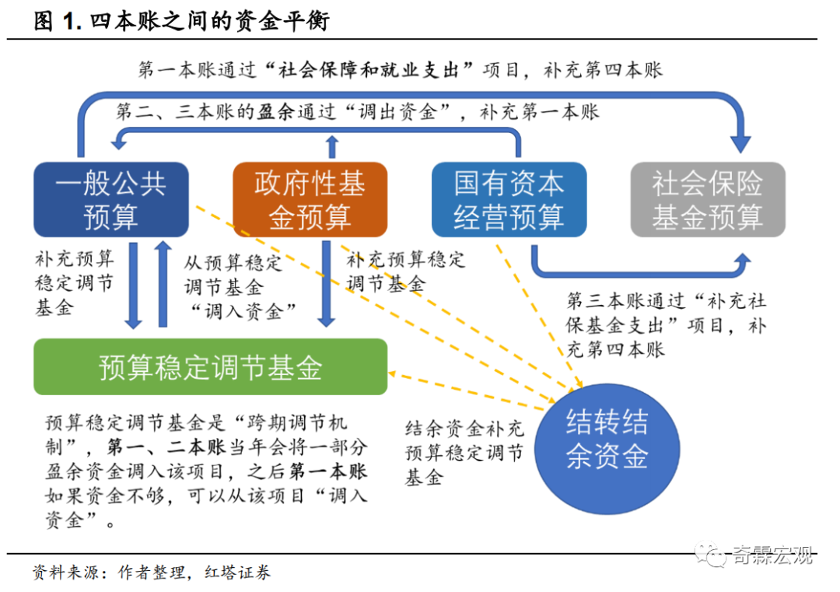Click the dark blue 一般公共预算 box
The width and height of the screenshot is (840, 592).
pos(111,200)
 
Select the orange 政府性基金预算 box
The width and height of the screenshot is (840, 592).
pos(310,200)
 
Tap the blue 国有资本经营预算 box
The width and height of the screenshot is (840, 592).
pos(509,200)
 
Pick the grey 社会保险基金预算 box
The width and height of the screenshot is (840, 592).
pos(708,200)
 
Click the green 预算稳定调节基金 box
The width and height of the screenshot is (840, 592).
pos(211,367)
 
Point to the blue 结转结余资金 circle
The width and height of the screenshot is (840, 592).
pos(607,449)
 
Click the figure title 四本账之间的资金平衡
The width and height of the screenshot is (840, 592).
pos(209,22)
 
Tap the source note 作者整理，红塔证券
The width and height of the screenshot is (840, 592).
pos(194,573)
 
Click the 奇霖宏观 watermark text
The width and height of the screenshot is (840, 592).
pos(772,555)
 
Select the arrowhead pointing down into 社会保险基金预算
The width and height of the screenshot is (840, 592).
pos(741,145)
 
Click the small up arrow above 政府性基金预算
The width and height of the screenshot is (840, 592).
pos(332,147)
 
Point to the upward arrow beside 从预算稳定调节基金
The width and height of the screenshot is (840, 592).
pos(163,284)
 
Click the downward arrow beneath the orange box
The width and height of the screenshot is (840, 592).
pos(326,284)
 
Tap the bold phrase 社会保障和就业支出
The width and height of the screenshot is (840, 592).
pos(369,70)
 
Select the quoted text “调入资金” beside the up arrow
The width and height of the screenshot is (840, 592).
pos(243,311)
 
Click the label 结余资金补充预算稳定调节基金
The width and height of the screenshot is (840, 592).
pos(464,453)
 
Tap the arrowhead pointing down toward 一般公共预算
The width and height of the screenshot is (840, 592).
pos(118,142)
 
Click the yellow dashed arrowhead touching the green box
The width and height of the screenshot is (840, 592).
pos(392,373)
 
